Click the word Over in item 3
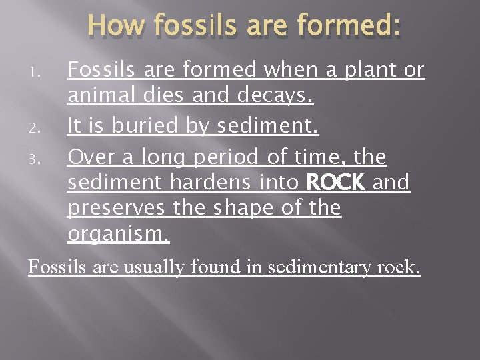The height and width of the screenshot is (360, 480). [x=93, y=157]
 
